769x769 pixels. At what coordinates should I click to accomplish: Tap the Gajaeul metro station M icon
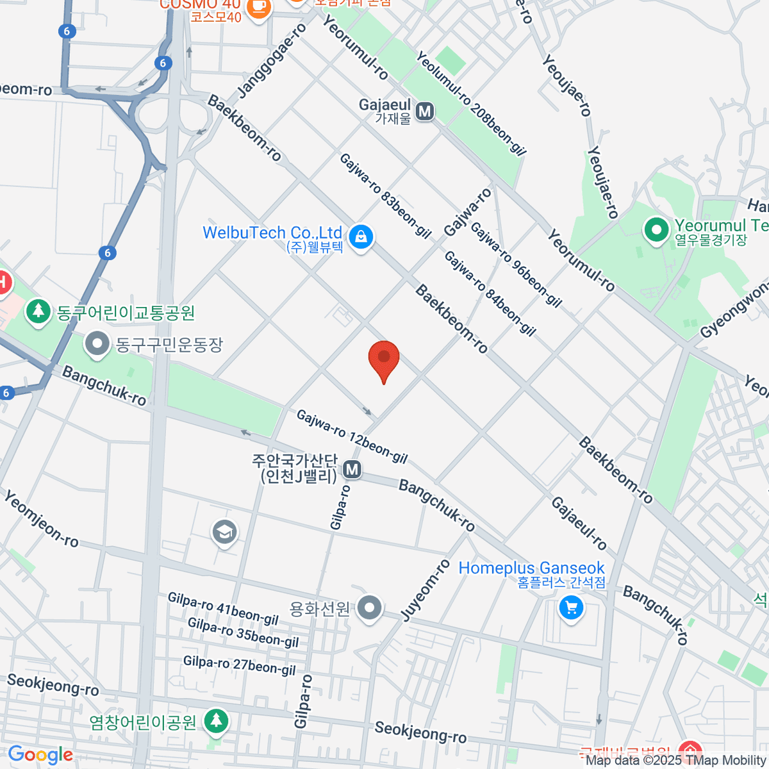coord(424,112)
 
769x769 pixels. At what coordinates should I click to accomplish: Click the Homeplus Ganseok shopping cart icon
coord(570,608)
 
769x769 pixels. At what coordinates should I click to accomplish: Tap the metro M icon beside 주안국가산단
coord(351,470)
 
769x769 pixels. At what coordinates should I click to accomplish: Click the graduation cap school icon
coord(224,532)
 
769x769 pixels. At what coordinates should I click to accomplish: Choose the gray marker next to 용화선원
coord(370,608)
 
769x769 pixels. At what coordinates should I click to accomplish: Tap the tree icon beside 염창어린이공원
coord(216,720)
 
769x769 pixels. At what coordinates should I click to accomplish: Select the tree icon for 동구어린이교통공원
coord(39,312)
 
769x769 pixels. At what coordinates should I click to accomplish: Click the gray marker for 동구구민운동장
coord(97,344)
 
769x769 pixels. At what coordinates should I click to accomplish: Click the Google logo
coord(41,755)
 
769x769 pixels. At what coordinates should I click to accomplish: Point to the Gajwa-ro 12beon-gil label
coord(352,437)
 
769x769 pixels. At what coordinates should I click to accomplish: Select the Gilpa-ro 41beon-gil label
coord(223,609)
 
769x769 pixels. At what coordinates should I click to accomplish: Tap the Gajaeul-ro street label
coord(579,524)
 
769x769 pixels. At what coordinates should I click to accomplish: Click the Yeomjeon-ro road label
coord(42,519)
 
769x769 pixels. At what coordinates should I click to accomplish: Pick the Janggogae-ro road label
coord(272,62)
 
